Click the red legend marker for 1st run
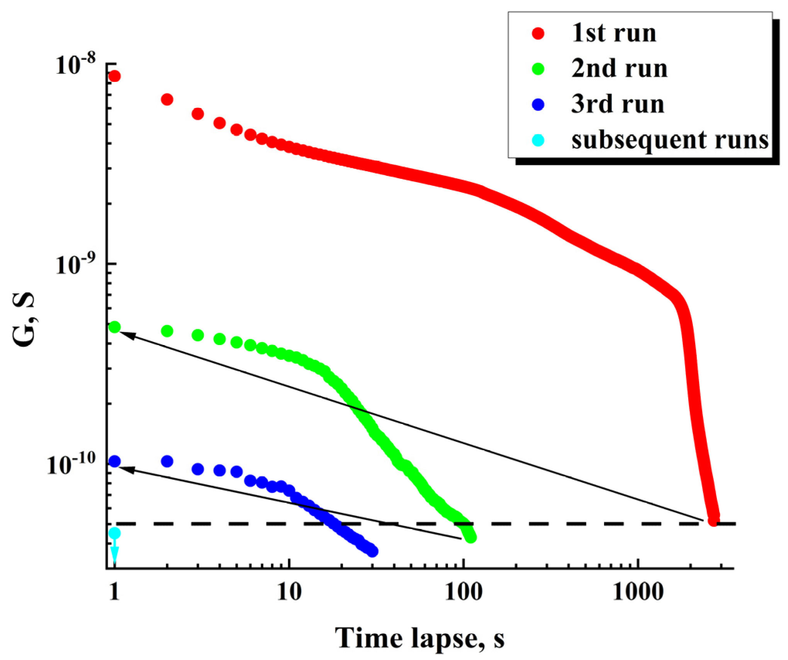pos(538,34)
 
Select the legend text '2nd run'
pos(619,69)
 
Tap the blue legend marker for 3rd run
pos(538,105)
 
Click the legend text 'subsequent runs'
pos(670,140)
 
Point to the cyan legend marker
pos(538,140)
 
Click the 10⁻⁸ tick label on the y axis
pos(75,65)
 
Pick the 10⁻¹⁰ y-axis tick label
pos(71,464)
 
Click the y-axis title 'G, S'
pos(24,320)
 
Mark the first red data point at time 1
pos(114,76)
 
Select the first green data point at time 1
pos(115,327)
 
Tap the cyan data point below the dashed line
pos(114,534)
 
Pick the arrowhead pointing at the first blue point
pos(129,470)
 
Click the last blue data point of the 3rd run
pos(372,551)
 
